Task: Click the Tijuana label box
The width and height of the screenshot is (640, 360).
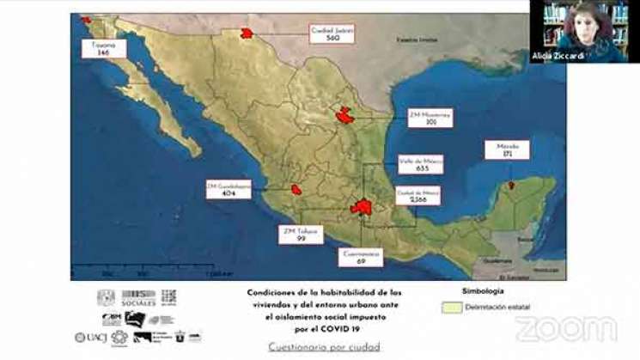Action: click(104, 48)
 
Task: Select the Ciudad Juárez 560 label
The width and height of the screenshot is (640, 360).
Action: click(333, 34)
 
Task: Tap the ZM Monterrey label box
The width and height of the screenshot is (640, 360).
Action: click(430, 118)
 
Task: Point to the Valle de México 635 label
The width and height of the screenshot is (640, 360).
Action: click(421, 164)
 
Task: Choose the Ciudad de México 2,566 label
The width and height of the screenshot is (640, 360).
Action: click(418, 195)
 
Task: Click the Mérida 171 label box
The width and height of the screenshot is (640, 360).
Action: click(507, 149)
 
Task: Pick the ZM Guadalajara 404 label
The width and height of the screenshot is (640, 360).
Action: click(229, 189)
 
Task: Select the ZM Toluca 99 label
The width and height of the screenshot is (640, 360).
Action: click(301, 235)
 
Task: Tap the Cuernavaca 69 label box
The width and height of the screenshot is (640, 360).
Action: click(360, 257)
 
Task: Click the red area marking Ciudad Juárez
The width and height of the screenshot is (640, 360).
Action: click(247, 33)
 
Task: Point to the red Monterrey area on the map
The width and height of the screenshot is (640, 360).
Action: click(344, 115)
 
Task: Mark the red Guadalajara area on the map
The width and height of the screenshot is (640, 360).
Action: click(296, 189)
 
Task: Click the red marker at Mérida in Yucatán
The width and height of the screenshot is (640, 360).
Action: click(510, 184)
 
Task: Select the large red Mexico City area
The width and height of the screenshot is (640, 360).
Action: click(362, 207)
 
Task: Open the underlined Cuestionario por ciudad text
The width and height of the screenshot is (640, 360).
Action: click(323, 346)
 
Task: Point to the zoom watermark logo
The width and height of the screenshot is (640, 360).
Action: click(566, 328)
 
